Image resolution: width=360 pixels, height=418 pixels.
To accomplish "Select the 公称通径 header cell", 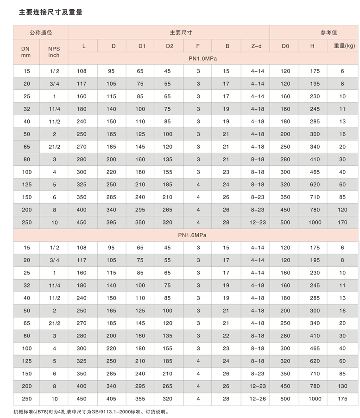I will [x=40, y=33].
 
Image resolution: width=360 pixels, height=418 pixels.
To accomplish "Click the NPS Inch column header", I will [x=54, y=52].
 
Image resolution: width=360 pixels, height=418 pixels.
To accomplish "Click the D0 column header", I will [x=285, y=46].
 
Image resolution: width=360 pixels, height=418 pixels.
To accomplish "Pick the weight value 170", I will [x=342, y=223].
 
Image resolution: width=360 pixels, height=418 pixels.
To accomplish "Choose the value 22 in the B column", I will [x=226, y=336].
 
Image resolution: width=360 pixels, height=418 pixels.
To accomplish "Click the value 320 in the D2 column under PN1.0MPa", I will [x=167, y=223].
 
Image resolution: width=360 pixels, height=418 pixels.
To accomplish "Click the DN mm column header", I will [x=25, y=52].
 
